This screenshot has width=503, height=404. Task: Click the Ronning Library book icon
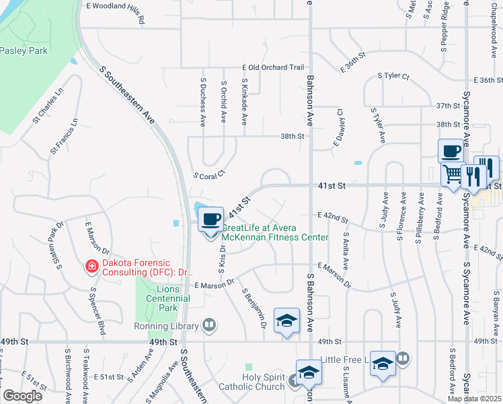[210, 326]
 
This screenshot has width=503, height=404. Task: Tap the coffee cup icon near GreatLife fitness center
[211, 219]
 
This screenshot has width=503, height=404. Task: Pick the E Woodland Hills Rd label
[116, 13]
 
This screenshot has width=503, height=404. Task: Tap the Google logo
[22, 396]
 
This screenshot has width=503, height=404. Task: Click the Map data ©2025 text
[473, 399]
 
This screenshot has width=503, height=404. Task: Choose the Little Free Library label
[344, 360]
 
